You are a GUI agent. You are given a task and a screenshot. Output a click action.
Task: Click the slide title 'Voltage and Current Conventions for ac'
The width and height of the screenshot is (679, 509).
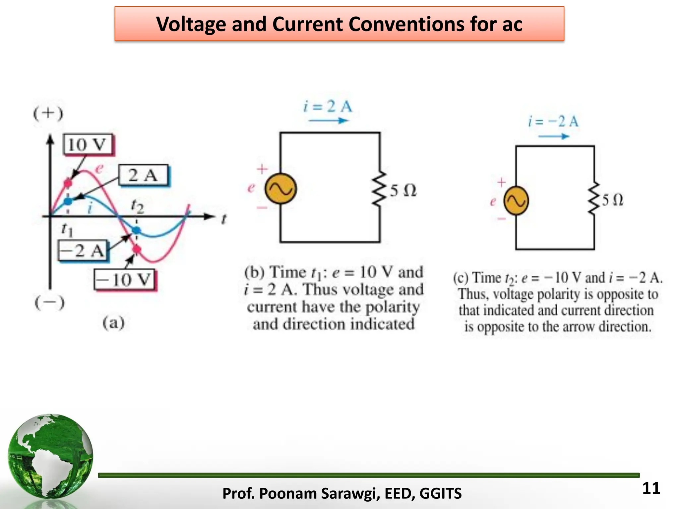(x=339, y=24)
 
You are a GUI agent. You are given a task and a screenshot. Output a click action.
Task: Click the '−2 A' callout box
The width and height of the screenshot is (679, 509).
(x=82, y=251)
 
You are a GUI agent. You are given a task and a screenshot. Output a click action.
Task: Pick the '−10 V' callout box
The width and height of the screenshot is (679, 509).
(x=124, y=280)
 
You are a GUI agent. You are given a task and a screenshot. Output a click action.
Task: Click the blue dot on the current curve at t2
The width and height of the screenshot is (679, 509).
(x=136, y=230)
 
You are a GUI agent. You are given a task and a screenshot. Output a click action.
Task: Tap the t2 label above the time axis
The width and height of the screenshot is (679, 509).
(x=137, y=206)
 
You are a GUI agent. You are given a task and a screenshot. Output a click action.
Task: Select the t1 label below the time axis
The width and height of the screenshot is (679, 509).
(x=67, y=229)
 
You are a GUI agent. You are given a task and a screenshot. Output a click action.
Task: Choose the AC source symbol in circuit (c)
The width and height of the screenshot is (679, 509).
(x=516, y=201)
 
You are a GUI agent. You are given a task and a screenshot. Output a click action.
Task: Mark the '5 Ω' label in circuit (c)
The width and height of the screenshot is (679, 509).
(x=612, y=200)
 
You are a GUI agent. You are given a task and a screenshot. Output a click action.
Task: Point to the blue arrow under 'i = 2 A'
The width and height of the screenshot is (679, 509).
(x=328, y=121)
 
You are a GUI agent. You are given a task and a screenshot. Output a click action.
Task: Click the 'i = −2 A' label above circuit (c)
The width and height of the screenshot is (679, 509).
(x=553, y=122)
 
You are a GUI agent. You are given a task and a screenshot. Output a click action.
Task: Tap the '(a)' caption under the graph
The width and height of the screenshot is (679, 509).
(x=113, y=323)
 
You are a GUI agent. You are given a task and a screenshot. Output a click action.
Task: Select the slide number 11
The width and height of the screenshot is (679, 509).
(x=651, y=488)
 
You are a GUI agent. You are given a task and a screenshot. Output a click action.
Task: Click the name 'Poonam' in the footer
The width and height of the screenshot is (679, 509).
(x=287, y=493)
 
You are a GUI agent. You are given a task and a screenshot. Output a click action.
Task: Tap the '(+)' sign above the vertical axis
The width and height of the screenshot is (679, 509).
(x=48, y=114)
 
